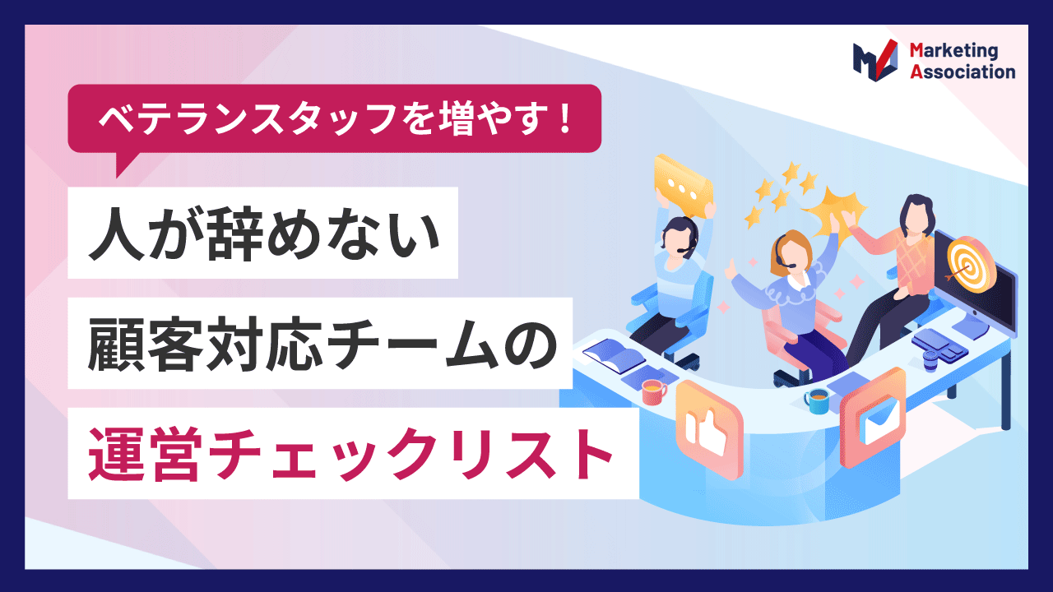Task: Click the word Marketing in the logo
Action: (953, 51)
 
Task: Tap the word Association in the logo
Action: (963, 72)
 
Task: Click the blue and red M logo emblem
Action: (875, 60)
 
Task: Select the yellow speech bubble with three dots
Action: (684, 186)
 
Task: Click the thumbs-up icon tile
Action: (709, 430)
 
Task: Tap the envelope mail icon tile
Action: (874, 418)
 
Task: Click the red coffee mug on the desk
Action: (654, 392)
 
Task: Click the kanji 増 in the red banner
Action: (456, 118)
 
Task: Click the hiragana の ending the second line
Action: (531, 344)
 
